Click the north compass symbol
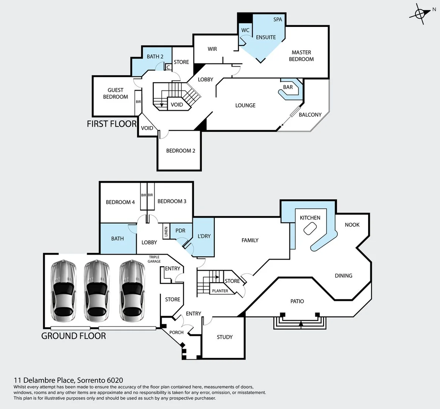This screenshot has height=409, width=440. (420, 13)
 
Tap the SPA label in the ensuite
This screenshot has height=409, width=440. (278, 19)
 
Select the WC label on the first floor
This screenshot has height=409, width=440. (245, 30)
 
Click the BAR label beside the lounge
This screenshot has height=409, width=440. (288, 87)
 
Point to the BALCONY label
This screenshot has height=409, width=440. (310, 114)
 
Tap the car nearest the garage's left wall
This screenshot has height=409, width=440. (63, 290)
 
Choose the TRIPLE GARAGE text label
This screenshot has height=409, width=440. (154, 259)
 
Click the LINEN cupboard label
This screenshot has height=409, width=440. (166, 232)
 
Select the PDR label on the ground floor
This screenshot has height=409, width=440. (180, 231)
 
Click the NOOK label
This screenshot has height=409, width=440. (352, 225)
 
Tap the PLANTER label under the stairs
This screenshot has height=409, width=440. (220, 291)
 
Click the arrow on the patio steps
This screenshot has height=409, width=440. (301, 324)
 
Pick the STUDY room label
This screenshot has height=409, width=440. (225, 337)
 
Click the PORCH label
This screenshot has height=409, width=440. (176, 333)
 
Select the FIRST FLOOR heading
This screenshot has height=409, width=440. (112, 124)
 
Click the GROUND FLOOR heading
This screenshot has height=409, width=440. (73, 336)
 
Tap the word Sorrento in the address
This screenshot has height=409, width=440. (91, 380)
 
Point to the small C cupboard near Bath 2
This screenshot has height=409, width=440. (168, 67)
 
